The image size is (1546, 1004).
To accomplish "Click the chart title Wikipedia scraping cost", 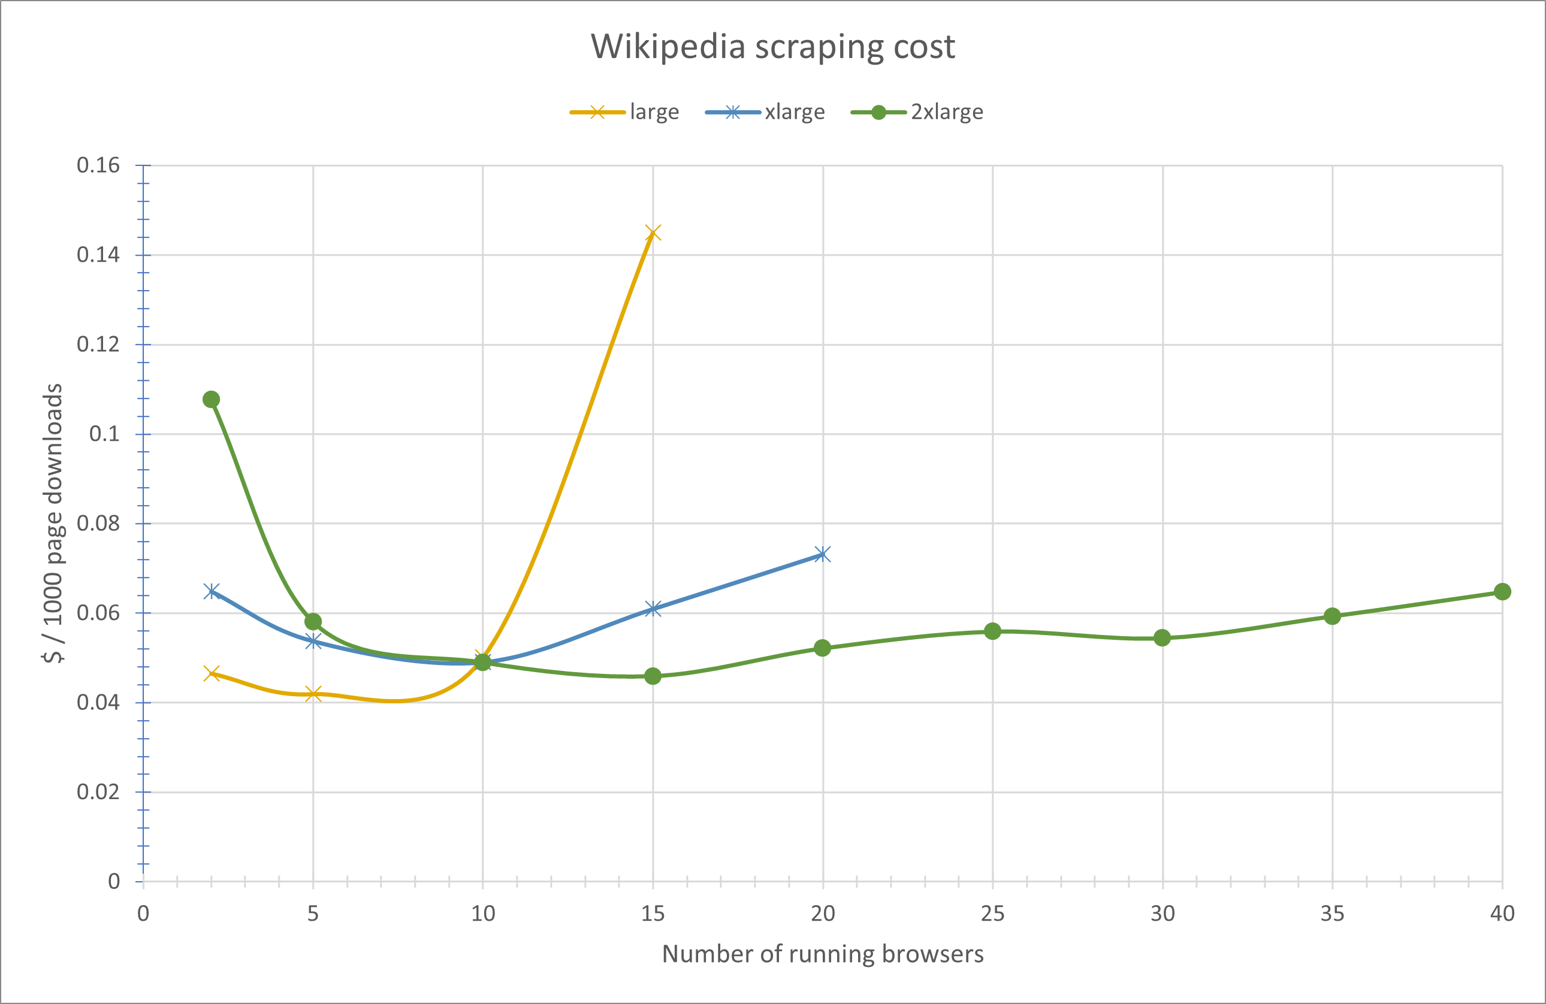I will pyautogui.click(x=772, y=47).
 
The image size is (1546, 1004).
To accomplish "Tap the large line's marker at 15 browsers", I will pyautogui.click(x=653, y=232).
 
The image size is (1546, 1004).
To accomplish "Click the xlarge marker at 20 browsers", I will pyautogui.click(x=822, y=554).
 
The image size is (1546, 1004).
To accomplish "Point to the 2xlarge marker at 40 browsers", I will pyautogui.click(x=1502, y=591).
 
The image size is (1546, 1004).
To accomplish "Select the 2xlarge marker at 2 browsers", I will pyautogui.click(x=211, y=399).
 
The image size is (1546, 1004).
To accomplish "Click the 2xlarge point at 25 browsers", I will pyautogui.click(x=992, y=631).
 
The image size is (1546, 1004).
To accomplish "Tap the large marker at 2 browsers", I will pyautogui.click(x=211, y=673).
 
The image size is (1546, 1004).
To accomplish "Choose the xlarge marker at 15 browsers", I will pyautogui.click(x=653, y=608).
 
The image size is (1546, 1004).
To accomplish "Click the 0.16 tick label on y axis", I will pyautogui.click(x=98, y=165).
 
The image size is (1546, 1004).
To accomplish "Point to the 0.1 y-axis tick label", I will pyautogui.click(x=104, y=434).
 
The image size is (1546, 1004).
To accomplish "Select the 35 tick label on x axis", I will pyautogui.click(x=1331, y=914).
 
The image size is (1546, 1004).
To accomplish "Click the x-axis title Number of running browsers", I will pyautogui.click(x=822, y=953).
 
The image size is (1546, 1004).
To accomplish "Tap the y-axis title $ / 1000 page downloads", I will pyautogui.click(x=53, y=523).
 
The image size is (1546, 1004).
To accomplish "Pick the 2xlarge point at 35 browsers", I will pyautogui.click(x=1331, y=616).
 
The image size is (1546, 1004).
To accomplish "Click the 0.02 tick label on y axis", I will pyautogui.click(x=98, y=792).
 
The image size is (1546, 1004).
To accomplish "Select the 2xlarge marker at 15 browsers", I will pyautogui.click(x=653, y=676).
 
